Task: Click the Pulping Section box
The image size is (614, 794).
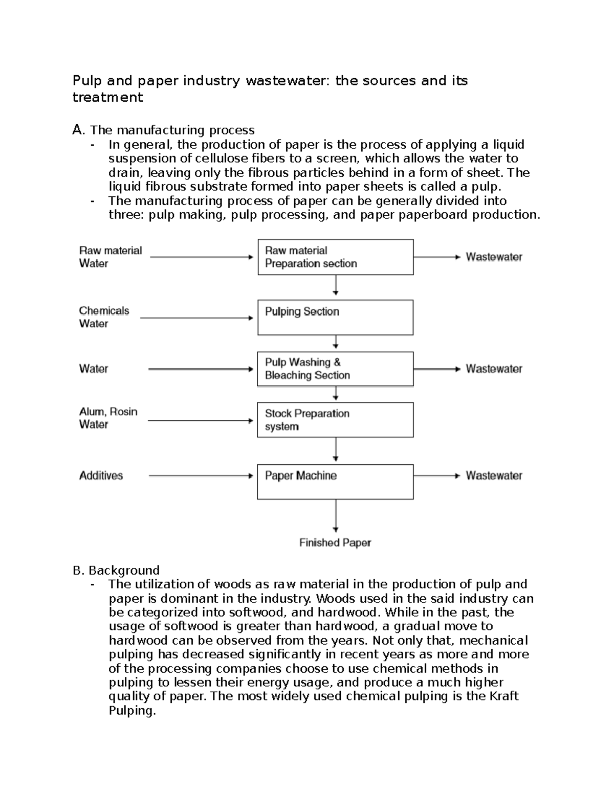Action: click(x=335, y=317)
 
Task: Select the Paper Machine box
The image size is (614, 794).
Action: click(x=335, y=482)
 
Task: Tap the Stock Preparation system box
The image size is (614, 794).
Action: click(x=335, y=420)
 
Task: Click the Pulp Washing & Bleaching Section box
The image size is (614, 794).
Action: click(x=335, y=369)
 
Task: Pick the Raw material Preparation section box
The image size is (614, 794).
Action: click(x=335, y=257)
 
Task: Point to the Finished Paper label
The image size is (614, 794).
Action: click(x=335, y=543)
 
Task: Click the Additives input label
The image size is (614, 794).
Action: click(x=101, y=475)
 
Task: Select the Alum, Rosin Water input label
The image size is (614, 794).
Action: click(x=108, y=418)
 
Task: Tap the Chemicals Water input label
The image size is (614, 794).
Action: click(x=104, y=317)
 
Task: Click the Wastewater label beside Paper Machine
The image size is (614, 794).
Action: click(x=494, y=475)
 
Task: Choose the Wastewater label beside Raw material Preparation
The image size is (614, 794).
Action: click(x=494, y=257)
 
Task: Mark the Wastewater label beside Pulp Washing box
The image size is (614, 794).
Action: click(x=494, y=369)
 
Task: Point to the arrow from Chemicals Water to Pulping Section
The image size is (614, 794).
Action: click(x=196, y=318)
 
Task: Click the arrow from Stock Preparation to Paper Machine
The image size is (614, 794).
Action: click(x=336, y=450)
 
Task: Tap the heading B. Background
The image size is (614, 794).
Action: click(x=116, y=570)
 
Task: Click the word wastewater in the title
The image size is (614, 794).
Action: click(x=288, y=81)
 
